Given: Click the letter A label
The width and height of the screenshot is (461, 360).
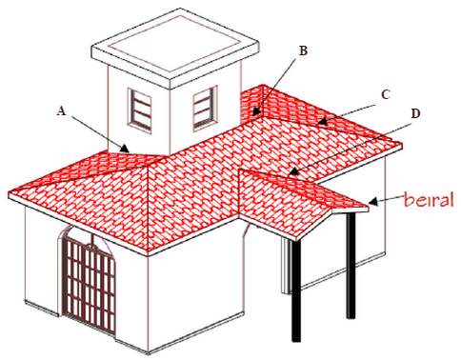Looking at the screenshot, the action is tap(62, 110).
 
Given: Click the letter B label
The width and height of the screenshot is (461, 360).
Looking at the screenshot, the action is tap(304, 50).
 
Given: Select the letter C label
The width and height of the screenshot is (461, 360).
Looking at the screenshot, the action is tap(386, 94).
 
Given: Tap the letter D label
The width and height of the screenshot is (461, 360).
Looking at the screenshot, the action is tap(415, 113).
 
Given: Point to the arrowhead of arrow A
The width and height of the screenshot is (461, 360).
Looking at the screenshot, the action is tap(125, 149).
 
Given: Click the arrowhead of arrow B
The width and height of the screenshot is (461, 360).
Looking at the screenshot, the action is tap(256, 112).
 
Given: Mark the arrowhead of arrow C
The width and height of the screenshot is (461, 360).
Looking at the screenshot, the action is tap(323, 121).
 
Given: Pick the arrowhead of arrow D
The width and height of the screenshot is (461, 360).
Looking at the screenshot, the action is tap(293, 171).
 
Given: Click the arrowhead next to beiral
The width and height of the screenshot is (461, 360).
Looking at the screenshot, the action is tap(373, 202).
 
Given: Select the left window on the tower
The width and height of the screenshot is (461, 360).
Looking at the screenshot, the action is tap(139, 110).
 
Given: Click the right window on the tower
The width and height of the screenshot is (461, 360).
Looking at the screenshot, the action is tap(205, 108).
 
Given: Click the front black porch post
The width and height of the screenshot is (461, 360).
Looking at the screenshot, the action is tap(296, 290).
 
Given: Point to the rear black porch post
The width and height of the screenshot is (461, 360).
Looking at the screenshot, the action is tap(351, 266).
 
